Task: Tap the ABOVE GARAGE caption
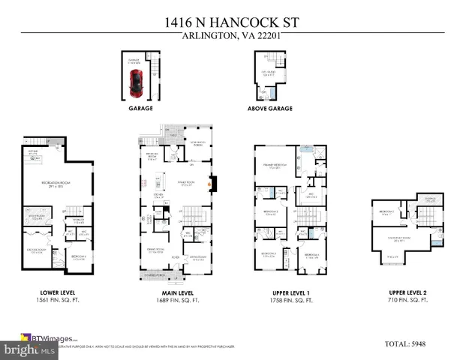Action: (x=269, y=108)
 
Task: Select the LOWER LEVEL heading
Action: (x=58, y=292)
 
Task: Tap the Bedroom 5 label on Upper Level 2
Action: (x=388, y=212)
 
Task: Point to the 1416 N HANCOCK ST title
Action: (x=233, y=23)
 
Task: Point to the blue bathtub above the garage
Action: (x=270, y=94)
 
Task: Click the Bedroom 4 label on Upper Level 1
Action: (x=311, y=256)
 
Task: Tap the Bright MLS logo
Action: (x=29, y=349)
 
